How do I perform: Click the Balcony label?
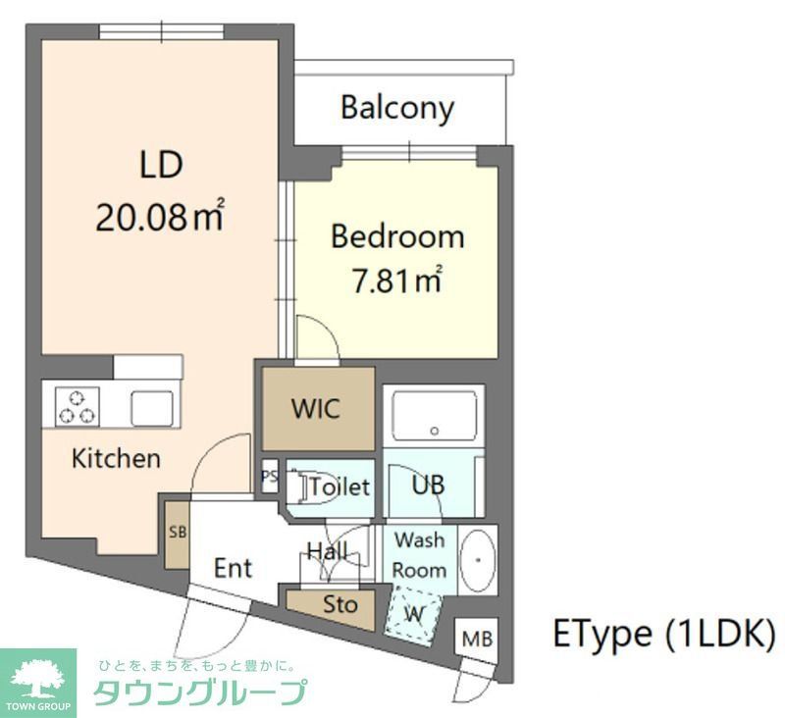click(396, 107)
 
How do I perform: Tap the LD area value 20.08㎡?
click(159, 217)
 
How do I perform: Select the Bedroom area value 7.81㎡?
click(395, 282)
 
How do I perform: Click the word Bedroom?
click(396, 237)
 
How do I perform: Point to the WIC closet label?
click(316, 408)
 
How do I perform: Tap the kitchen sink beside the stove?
click(152, 405)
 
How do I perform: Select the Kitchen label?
click(115, 458)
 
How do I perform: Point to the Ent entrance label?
click(234, 568)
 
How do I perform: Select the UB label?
click(428, 485)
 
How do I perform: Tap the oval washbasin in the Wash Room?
click(477, 561)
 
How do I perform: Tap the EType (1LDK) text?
click(664, 635)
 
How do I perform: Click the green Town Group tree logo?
click(38, 677)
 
